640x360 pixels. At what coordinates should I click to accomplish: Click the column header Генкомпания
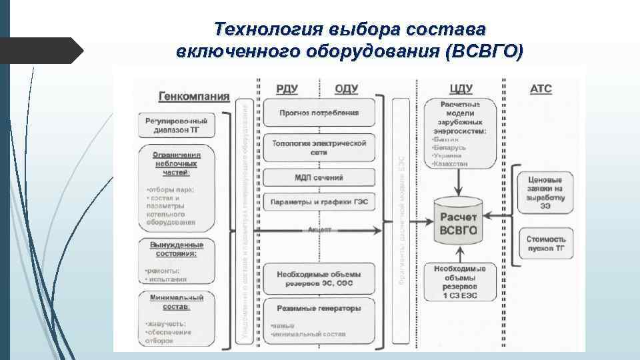click(193, 95)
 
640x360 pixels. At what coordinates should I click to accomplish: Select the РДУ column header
click(288, 89)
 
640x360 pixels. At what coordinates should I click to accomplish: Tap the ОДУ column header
click(347, 89)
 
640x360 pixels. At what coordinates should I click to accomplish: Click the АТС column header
click(541, 88)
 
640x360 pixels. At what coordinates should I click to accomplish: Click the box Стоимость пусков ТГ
click(545, 243)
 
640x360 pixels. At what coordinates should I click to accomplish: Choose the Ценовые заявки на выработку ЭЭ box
click(545, 193)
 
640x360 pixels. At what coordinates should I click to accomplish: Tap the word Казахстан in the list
click(450, 163)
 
